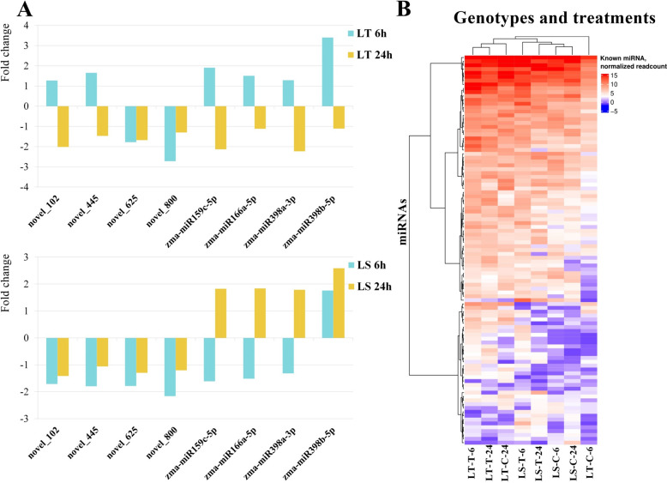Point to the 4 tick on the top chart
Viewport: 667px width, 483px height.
[x=26, y=25]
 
